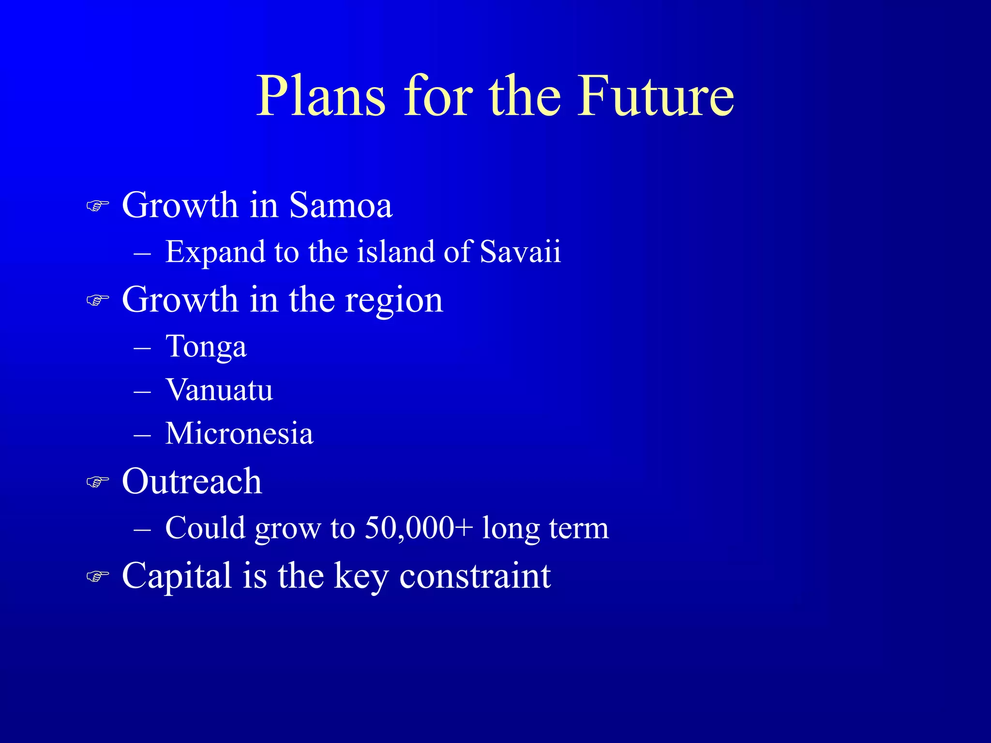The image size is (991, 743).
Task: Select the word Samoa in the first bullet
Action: (341, 206)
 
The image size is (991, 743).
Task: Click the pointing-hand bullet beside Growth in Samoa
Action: (97, 207)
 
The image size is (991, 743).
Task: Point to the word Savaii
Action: (520, 252)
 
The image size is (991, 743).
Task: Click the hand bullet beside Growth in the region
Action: (97, 301)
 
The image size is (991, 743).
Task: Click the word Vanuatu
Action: (219, 390)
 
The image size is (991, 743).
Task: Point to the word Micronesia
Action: (239, 433)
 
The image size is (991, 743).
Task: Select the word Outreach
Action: (192, 482)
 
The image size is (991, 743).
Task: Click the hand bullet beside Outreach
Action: (97, 482)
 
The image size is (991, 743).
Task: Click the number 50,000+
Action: (418, 528)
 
